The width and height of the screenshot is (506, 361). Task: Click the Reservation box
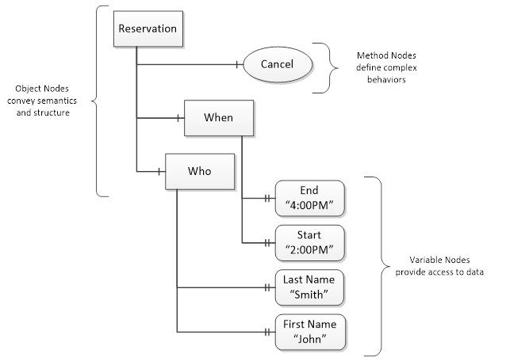(x=148, y=28)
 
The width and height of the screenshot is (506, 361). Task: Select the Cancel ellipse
(x=278, y=64)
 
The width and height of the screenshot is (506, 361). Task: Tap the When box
(x=219, y=118)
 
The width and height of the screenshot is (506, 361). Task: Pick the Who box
(x=200, y=171)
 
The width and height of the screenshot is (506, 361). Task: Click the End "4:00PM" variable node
(x=310, y=198)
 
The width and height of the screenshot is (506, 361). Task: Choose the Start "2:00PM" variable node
(x=310, y=243)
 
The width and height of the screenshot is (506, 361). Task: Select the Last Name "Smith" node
(x=310, y=287)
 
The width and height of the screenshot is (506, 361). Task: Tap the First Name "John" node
(x=310, y=332)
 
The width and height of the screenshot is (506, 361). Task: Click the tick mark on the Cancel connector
(x=237, y=64)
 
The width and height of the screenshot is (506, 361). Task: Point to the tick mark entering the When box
(x=178, y=118)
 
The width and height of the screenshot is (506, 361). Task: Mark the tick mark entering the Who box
(x=159, y=171)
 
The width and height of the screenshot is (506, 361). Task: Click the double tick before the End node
(x=267, y=199)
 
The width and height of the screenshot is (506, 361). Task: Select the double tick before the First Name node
(x=267, y=332)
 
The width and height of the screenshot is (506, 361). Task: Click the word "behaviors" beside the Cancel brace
(x=386, y=79)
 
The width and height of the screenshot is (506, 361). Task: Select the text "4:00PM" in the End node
(x=309, y=205)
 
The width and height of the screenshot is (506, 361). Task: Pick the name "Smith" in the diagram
(x=309, y=294)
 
